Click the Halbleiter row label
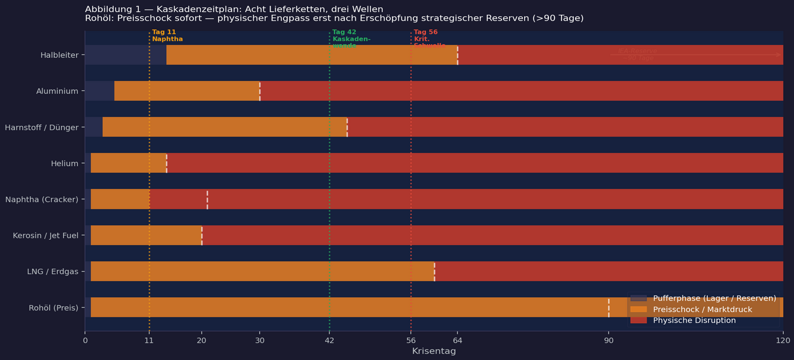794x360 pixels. coord(59,55)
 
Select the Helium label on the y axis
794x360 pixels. coord(65,163)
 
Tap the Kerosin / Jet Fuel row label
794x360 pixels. coord(45,235)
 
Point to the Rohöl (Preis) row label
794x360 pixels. coord(53,308)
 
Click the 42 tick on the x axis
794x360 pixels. coord(330,340)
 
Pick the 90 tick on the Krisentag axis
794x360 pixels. coord(609,340)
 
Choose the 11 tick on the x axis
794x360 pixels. coord(149,340)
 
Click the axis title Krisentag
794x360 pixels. coord(434,351)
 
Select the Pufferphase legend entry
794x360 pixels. coord(714,298)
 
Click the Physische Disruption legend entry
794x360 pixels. coord(694,320)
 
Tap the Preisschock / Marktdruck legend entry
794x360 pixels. coord(702,310)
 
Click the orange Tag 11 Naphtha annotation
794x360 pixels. coord(167,36)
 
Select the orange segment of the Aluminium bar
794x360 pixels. coord(187,91)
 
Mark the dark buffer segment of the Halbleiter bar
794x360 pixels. coord(125,55)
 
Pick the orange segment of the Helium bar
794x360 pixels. coord(128,163)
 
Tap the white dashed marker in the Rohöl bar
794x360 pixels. coord(609,307)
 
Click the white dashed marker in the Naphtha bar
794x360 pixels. coord(207,200)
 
